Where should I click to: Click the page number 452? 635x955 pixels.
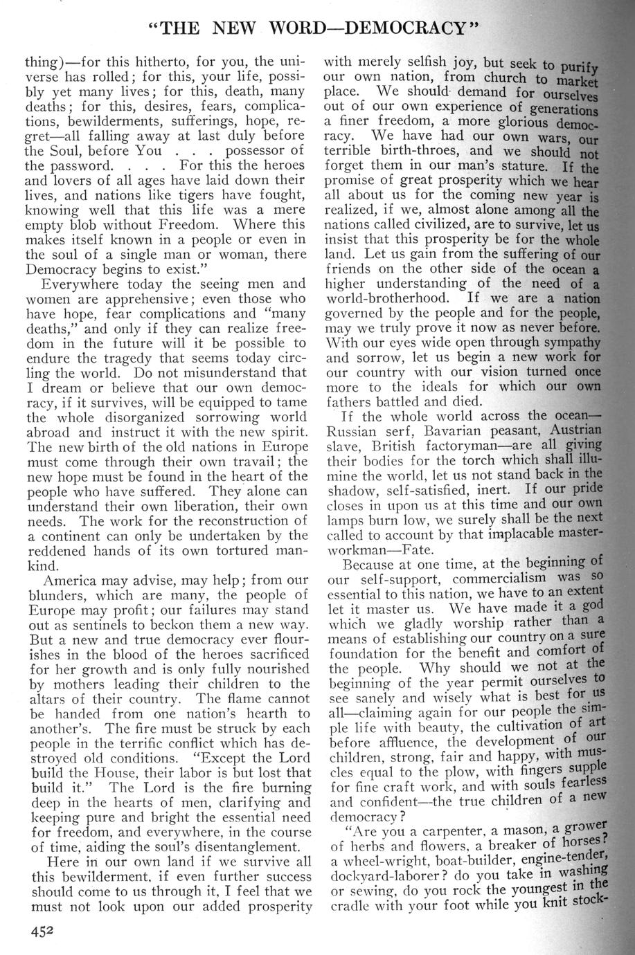42,931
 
